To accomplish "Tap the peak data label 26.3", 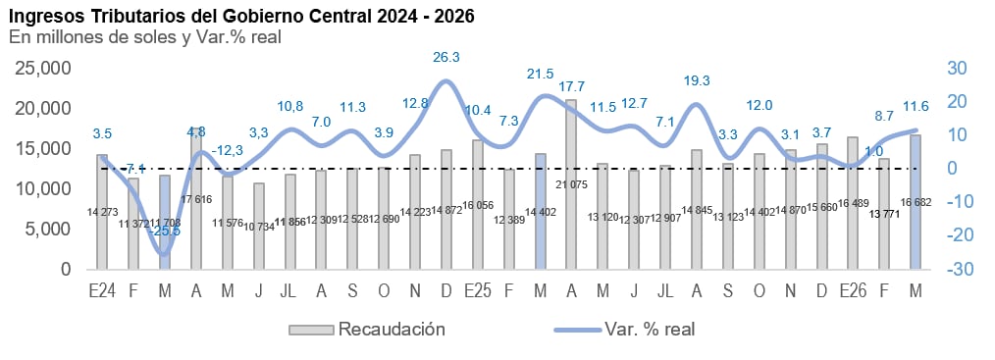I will coord(446,57).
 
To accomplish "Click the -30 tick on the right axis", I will coord(958,269).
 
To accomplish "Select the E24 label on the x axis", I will coord(102,291).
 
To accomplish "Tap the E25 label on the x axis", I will coord(478,291).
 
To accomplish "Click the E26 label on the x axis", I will coord(853,291).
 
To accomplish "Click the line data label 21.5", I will coord(541,74).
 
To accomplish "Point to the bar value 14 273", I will coord(102,211).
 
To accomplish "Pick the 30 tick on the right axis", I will coord(957,68).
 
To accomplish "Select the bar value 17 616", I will coord(196,198).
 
